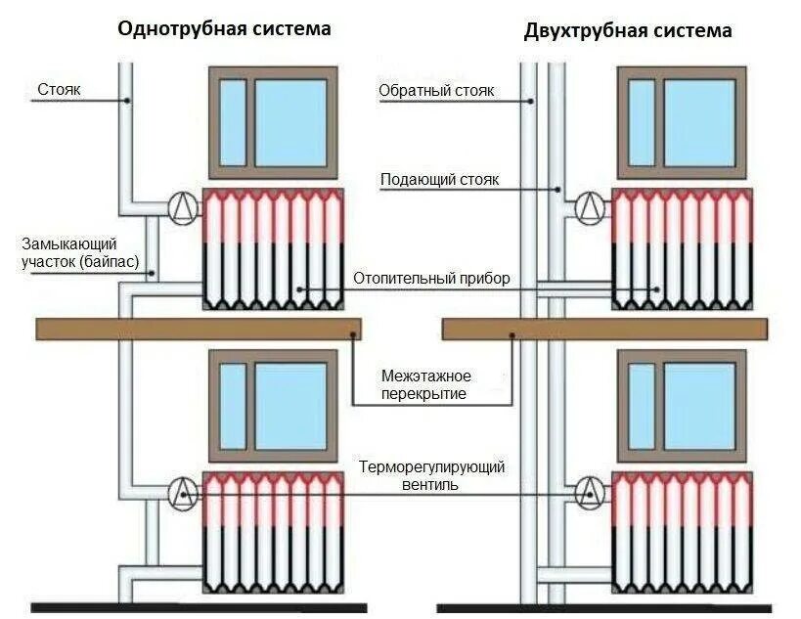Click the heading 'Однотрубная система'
224,28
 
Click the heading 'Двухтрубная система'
627,30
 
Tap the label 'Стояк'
59,90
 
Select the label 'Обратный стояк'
436,91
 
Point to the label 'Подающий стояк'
439,180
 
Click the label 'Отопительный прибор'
431,279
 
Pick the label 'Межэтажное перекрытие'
426,384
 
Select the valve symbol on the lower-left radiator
183,494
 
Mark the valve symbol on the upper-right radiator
590,208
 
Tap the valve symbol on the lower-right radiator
590,494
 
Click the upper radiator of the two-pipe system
683,248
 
